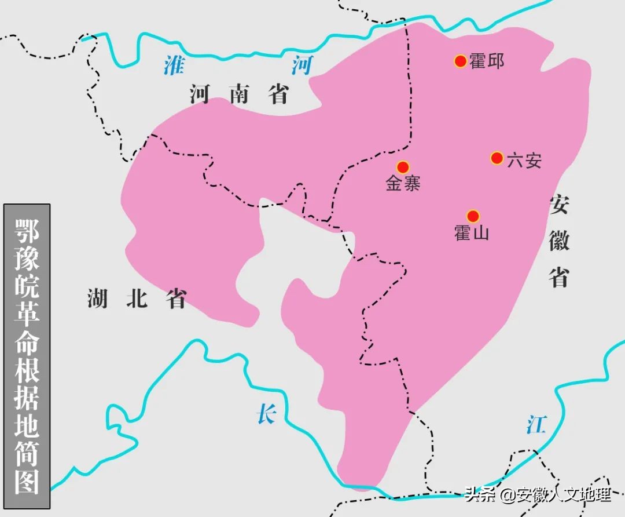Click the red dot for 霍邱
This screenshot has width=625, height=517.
point(460,61)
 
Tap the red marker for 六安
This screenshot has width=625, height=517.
point(497,158)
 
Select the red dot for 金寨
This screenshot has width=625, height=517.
point(403,167)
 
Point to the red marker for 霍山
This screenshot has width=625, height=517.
point(473,216)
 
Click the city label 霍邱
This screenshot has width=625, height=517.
point(487,61)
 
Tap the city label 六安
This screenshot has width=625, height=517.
point(524,160)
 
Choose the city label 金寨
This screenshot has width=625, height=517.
point(403,184)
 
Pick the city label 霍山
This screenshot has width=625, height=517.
point(472,233)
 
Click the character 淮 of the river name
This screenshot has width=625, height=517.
point(173,65)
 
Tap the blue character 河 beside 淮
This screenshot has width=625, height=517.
point(302,66)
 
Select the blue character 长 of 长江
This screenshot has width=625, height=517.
point(266,414)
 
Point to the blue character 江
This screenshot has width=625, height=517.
point(536,425)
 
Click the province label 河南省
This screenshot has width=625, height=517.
point(239,94)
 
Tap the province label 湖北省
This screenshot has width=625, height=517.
point(137,298)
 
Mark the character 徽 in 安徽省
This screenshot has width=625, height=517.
point(560,239)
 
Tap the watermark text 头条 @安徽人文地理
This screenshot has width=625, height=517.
point(538,495)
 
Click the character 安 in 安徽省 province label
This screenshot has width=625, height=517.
point(560,205)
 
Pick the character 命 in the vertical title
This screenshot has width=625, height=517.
point(27,342)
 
